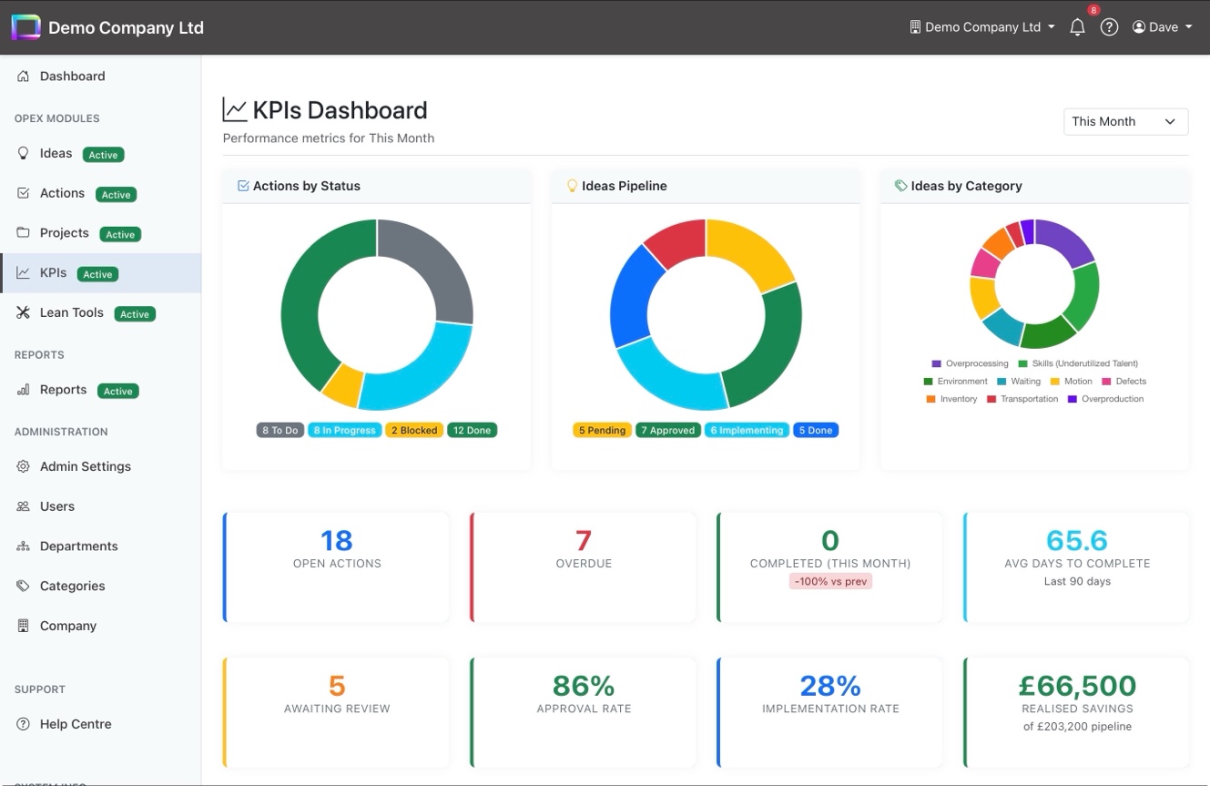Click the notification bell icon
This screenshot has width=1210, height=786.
coord(1077,27)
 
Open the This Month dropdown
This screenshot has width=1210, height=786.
coord(1125,121)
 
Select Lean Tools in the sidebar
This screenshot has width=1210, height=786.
coord(72,312)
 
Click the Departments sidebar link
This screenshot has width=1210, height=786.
coord(78,546)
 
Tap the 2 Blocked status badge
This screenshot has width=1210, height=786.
coord(414,430)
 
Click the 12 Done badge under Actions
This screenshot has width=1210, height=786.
coord(472,430)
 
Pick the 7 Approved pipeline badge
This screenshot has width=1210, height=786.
coord(667,430)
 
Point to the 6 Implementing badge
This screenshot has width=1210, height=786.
coord(746,430)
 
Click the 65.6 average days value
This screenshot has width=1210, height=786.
coord(1076,540)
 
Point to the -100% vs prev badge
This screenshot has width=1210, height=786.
coord(830,581)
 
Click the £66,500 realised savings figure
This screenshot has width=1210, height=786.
coord(1076,686)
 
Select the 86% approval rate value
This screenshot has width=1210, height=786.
coord(584,686)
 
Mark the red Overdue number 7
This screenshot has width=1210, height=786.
coord(584,540)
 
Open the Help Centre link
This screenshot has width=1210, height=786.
coord(76,724)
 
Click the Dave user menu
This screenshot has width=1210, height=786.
coord(1162,27)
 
